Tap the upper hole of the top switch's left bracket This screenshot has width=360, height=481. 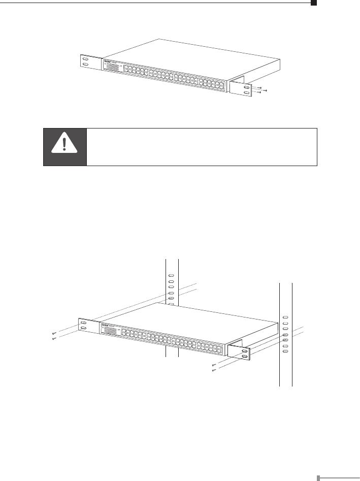pos(85,59)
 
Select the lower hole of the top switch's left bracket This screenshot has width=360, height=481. pos(85,66)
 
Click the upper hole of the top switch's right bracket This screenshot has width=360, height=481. pos(247,87)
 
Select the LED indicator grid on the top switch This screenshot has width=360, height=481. pos(112,68)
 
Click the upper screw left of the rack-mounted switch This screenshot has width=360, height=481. pos(53,333)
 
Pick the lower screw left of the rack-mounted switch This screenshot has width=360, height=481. pos(53,338)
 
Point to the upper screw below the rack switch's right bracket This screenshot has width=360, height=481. pos(214,365)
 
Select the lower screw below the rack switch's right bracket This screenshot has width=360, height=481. pos(214,370)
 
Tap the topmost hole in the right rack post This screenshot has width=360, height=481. pos(285,316)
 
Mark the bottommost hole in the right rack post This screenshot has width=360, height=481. pos(285,352)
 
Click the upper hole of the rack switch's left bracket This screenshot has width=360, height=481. pos(83,322)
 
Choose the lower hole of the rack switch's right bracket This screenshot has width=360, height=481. pos(245,357)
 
